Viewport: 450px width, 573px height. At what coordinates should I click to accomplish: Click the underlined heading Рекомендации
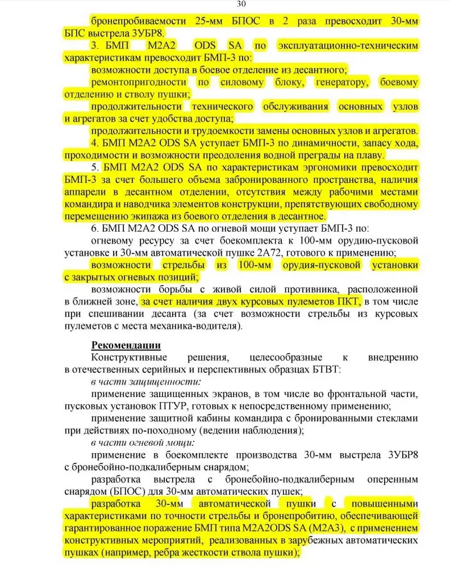(127, 345)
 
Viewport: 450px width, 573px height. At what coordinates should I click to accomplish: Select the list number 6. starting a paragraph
(96, 228)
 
